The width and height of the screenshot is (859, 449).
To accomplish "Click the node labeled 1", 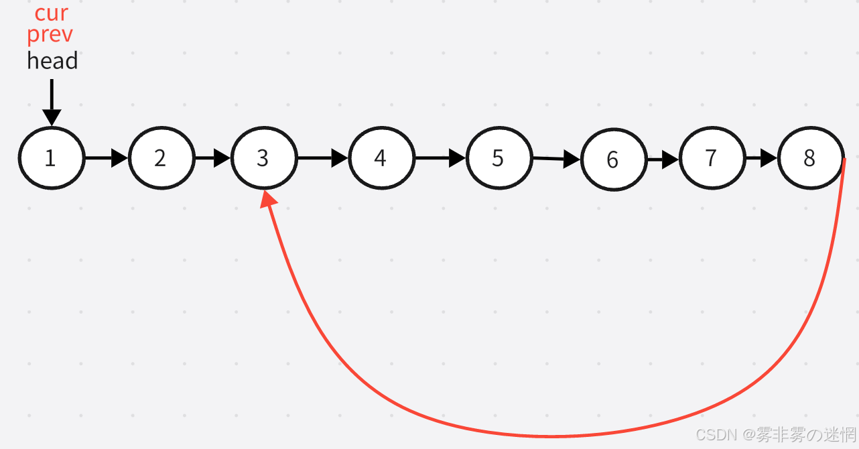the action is point(52,158).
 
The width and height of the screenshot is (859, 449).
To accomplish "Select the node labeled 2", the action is point(161,158).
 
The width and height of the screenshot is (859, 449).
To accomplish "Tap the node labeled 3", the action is point(263,158).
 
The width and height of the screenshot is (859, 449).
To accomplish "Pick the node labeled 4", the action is point(381,158).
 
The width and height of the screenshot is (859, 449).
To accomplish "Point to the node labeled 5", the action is point(499,158).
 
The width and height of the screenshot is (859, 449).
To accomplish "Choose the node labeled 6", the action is point(613,159).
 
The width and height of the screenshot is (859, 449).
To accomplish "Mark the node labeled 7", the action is point(712,159).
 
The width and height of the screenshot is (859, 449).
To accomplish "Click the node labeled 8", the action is point(809,159).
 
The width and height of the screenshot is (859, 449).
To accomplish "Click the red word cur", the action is point(51,12).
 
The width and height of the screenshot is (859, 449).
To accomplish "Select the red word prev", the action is point(50,34).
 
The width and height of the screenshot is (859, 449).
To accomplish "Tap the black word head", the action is point(52,61).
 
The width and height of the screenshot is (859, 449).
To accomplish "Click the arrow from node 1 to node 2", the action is point(107,158).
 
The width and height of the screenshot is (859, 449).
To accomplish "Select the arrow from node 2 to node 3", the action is point(212,158).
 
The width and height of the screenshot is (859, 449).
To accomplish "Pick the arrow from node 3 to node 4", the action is point(322,158).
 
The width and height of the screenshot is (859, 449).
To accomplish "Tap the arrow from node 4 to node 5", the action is point(440,158).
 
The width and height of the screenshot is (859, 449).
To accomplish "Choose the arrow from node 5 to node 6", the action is point(556,159).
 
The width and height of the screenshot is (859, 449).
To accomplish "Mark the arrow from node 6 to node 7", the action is point(663,159).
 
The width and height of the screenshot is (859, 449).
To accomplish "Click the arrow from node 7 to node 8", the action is point(761,159).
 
